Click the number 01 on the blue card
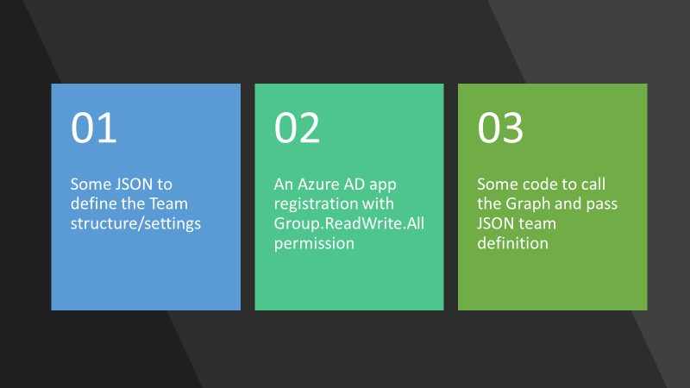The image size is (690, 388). (x=94, y=128)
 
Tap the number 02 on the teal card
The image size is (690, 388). (x=297, y=128)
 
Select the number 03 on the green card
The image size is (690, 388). (x=500, y=128)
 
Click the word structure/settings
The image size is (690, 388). (x=135, y=223)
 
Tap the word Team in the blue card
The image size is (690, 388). (x=168, y=203)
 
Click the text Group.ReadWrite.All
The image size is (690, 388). (x=349, y=223)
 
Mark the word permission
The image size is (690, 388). (x=314, y=243)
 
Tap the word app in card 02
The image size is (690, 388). (x=383, y=185)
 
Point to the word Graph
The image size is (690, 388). (x=526, y=204)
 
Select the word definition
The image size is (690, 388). (x=512, y=243)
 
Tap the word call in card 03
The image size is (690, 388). (x=593, y=184)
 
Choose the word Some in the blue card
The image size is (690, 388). (x=90, y=184)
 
